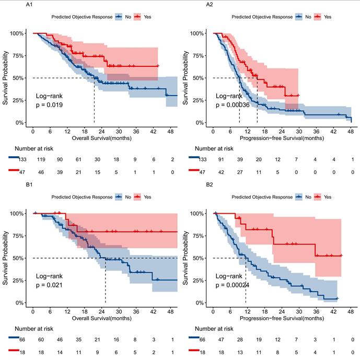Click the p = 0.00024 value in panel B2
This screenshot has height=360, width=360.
tap(233, 286)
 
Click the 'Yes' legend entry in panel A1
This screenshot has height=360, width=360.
tap(147, 16)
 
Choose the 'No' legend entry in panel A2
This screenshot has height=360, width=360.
tap(308, 16)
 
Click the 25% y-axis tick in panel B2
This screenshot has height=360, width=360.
tap(196, 281)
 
